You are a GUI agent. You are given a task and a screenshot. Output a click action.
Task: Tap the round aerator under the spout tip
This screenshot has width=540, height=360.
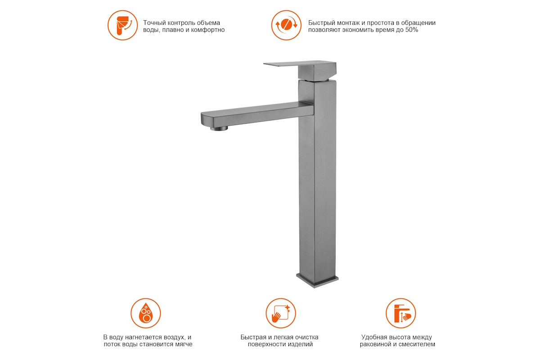coord(219,128)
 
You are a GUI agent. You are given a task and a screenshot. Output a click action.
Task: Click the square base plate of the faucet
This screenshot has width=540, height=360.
coord(317,280)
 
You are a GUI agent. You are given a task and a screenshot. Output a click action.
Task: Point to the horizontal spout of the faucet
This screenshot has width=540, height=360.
coord(257,115)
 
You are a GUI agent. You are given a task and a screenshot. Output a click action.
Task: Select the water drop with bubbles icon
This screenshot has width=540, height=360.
coord(146,313)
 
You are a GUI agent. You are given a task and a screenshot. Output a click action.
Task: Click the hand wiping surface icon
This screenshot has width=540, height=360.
coord(281,313)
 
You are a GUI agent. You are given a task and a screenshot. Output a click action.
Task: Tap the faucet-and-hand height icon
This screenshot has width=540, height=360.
coord(400,313)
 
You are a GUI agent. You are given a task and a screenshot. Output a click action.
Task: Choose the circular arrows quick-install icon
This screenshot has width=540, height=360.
coord(286,25)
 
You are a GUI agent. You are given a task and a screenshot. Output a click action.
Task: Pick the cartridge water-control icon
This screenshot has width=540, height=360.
coord(122,25)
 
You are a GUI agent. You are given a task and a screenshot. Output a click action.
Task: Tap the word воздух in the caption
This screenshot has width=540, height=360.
coord(175,337)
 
